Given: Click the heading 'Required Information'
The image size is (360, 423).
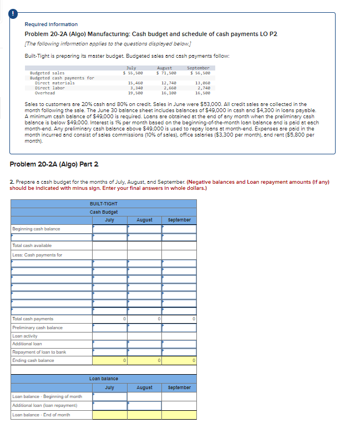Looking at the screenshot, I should click(x=51, y=24).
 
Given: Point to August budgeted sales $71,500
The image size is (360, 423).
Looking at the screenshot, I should click(x=166, y=73).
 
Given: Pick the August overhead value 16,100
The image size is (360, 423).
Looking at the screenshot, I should click(x=169, y=93).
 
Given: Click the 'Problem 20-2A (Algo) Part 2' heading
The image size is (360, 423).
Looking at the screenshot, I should click(x=54, y=164).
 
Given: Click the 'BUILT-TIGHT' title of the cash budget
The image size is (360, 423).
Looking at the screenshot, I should click(x=104, y=204).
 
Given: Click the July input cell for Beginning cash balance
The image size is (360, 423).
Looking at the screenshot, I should click(x=110, y=229).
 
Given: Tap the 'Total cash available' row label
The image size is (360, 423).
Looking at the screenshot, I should click(x=32, y=245).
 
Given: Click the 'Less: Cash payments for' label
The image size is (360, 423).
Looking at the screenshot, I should click(x=37, y=255).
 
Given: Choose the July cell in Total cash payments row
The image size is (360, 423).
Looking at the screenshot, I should click(x=110, y=319).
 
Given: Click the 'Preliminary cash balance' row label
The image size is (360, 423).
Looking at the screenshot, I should click(x=38, y=328).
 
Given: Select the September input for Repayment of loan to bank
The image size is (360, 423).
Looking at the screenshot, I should click(x=179, y=352).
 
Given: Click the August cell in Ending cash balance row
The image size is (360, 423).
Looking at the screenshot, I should click(x=144, y=361).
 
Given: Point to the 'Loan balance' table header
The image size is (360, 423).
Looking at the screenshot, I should click(x=104, y=379).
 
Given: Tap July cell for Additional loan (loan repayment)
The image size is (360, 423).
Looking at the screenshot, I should click(x=110, y=406).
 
